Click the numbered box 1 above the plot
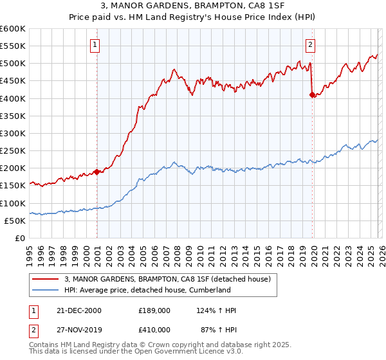95,45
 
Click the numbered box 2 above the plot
310,45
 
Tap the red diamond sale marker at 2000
97,172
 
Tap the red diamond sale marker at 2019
312,94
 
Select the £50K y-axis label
15,221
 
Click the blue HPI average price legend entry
147,290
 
